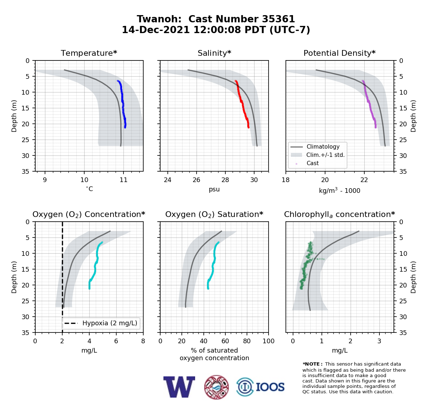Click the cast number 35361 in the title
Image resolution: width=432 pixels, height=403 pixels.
click(278, 19)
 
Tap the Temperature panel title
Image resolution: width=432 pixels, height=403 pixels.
click(89, 53)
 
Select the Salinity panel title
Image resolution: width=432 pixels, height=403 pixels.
click(214, 53)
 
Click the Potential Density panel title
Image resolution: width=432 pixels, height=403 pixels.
click(339, 53)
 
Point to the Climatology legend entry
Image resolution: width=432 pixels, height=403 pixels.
click(323, 146)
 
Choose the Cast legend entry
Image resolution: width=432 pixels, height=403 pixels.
click(312, 163)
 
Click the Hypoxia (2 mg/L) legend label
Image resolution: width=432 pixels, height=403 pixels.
click(110, 323)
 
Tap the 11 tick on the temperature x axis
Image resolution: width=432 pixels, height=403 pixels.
click(123, 180)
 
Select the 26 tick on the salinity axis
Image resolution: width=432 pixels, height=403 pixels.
click(197, 180)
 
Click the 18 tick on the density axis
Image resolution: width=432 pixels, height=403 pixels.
click(285, 180)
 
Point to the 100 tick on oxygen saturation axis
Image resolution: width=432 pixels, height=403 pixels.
click(269, 341)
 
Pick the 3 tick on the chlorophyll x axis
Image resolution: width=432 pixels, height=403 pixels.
click(379, 341)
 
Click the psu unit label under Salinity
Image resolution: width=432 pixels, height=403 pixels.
click(214, 189)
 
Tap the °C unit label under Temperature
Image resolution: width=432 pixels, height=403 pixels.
click(89, 189)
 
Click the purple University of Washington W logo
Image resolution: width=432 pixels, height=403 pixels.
click(179, 387)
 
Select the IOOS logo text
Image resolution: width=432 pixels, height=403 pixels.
click(270, 387)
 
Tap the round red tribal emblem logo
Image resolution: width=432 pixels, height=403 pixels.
click(216, 387)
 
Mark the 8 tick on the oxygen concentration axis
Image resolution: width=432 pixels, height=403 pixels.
click(143, 341)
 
